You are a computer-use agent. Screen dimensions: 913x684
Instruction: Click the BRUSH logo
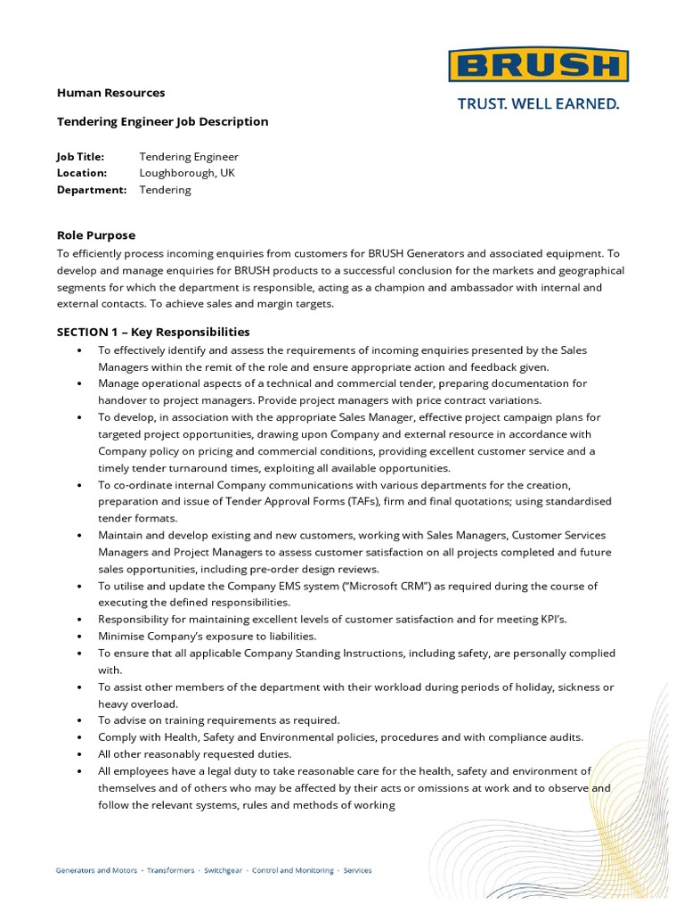pos(538,66)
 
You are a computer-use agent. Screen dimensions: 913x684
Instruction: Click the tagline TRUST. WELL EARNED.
pos(537,104)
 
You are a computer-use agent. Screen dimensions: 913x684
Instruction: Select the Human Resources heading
pos(110,93)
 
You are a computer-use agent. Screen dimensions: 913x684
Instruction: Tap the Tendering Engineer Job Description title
pos(162,121)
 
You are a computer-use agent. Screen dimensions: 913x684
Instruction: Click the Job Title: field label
pos(81,157)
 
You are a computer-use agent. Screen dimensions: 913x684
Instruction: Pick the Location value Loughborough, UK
pos(187,173)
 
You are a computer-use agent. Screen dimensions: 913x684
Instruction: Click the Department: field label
pos(92,190)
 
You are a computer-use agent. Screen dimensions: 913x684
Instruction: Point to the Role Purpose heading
pos(96,235)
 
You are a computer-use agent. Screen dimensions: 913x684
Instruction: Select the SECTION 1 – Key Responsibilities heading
pos(153,332)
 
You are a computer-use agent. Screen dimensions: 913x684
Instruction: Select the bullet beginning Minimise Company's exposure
pos(207,636)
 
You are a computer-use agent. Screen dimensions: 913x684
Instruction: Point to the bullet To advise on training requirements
pos(218,720)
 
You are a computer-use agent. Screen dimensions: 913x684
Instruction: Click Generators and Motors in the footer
pos(96,870)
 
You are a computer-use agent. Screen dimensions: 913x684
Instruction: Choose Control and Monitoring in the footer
pos(293,870)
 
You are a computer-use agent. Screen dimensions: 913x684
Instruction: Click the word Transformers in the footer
pos(170,870)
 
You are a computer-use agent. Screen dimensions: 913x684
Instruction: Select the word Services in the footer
pos(358,870)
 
